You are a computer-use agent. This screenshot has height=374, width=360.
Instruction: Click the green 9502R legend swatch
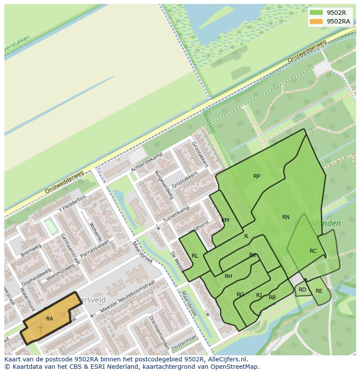point(316,13)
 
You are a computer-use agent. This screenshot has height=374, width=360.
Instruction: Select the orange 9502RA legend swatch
point(316,21)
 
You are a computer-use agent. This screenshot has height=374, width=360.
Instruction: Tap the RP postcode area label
point(257,176)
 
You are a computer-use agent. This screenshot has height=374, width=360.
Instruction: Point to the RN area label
point(286,217)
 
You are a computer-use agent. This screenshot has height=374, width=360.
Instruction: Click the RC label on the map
point(313,251)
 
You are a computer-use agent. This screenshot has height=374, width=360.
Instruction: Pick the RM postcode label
point(225,220)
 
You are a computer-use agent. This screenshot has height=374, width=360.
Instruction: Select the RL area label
point(195,256)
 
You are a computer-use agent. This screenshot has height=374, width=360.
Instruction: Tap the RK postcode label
point(253,255)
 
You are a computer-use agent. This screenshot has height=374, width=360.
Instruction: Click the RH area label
point(228,276)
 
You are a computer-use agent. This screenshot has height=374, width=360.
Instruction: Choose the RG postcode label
point(240,295)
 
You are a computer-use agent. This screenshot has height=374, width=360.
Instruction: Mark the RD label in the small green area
point(302,290)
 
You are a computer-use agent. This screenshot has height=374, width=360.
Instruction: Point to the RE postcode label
point(319,291)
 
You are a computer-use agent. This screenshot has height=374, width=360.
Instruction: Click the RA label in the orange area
point(50,319)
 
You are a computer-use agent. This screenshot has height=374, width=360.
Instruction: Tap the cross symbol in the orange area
point(40,328)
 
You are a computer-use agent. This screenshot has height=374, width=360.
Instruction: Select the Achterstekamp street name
point(147,161)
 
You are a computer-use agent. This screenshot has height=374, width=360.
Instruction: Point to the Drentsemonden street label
point(159,332)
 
